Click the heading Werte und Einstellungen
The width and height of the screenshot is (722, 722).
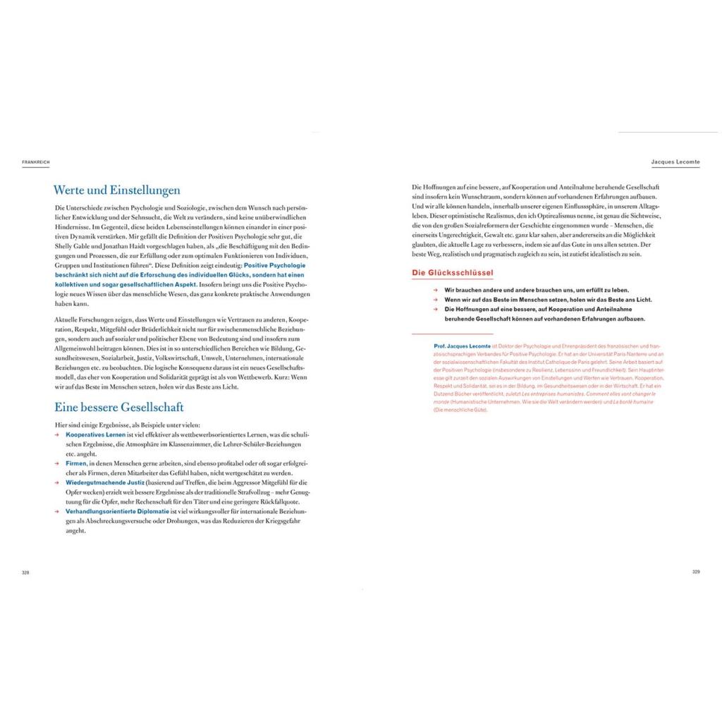pos(117,190)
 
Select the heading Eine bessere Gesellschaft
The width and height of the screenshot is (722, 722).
pos(118,407)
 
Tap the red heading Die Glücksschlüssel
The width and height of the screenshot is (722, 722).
pos(452,272)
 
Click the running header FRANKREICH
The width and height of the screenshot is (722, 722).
pos(35,162)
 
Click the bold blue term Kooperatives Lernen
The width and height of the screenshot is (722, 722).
pos(95,435)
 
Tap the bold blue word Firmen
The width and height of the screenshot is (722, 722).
pos(76,463)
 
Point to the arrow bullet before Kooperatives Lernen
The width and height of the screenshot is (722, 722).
pos(57,435)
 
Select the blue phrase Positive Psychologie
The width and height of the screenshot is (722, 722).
pos(274,265)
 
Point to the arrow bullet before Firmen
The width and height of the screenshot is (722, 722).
pos(57,463)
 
